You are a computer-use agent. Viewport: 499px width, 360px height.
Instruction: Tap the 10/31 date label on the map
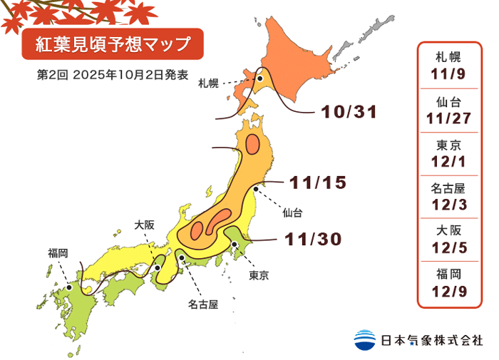coord(348,112)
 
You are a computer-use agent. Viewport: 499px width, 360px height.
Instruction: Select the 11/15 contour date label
coord(319,182)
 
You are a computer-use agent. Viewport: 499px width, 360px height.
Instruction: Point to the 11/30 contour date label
coord(314,239)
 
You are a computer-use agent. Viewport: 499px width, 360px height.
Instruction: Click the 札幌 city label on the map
coord(208,85)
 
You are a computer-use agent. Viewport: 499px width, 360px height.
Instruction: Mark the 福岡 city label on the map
coord(58,252)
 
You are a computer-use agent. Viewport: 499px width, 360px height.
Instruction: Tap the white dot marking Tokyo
coord(235,245)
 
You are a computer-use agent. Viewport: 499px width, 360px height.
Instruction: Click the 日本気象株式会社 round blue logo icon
coord(364,339)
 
